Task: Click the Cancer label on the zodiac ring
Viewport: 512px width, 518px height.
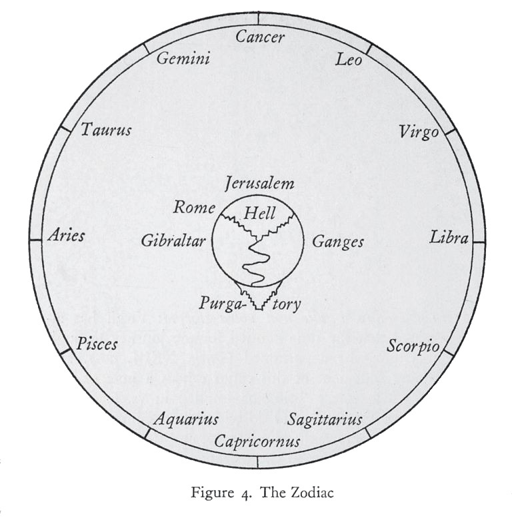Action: click(259, 37)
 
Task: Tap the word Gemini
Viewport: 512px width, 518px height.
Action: click(183, 59)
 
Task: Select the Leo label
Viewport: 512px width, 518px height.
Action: click(349, 61)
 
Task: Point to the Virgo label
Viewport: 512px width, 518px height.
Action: click(419, 132)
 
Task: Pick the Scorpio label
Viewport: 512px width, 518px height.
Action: click(413, 347)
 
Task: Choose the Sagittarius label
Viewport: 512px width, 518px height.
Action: click(325, 419)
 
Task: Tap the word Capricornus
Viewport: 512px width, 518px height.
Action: click(257, 441)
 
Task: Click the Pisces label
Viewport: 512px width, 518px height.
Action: click(97, 344)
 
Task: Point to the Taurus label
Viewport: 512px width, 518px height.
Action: click(106, 130)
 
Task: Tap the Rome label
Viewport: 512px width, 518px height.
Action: click(193, 207)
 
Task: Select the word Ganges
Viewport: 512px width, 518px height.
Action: click(338, 241)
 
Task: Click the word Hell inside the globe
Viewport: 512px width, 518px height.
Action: click(259, 214)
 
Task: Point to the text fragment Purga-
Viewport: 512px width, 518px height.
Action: click(223, 304)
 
